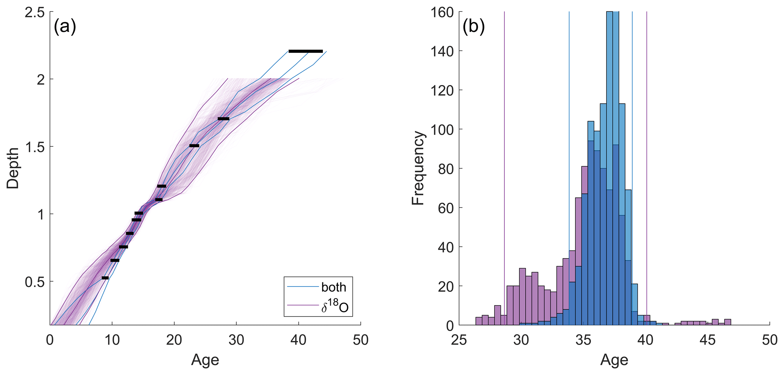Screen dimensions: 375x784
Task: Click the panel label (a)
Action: coord(65,27)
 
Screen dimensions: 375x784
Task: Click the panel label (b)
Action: coord(473,27)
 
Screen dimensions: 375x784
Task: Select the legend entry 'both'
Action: coord(334,287)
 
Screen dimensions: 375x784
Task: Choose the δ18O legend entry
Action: coord(334,307)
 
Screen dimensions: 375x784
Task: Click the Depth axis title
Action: coord(13,168)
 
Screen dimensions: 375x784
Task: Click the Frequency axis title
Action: coord(418,168)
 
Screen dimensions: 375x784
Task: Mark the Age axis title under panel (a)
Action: coord(205,360)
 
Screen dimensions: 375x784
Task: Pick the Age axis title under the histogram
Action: coord(614,360)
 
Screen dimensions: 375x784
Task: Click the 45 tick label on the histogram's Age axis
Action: coord(707,340)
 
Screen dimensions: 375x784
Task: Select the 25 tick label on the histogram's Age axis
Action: coord(459,340)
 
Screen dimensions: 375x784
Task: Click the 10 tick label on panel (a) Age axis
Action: coord(112,340)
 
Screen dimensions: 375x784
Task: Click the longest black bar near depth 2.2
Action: coord(305,51)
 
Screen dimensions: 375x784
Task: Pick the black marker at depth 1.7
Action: coord(223,119)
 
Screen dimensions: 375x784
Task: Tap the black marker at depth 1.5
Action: coord(194,146)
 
